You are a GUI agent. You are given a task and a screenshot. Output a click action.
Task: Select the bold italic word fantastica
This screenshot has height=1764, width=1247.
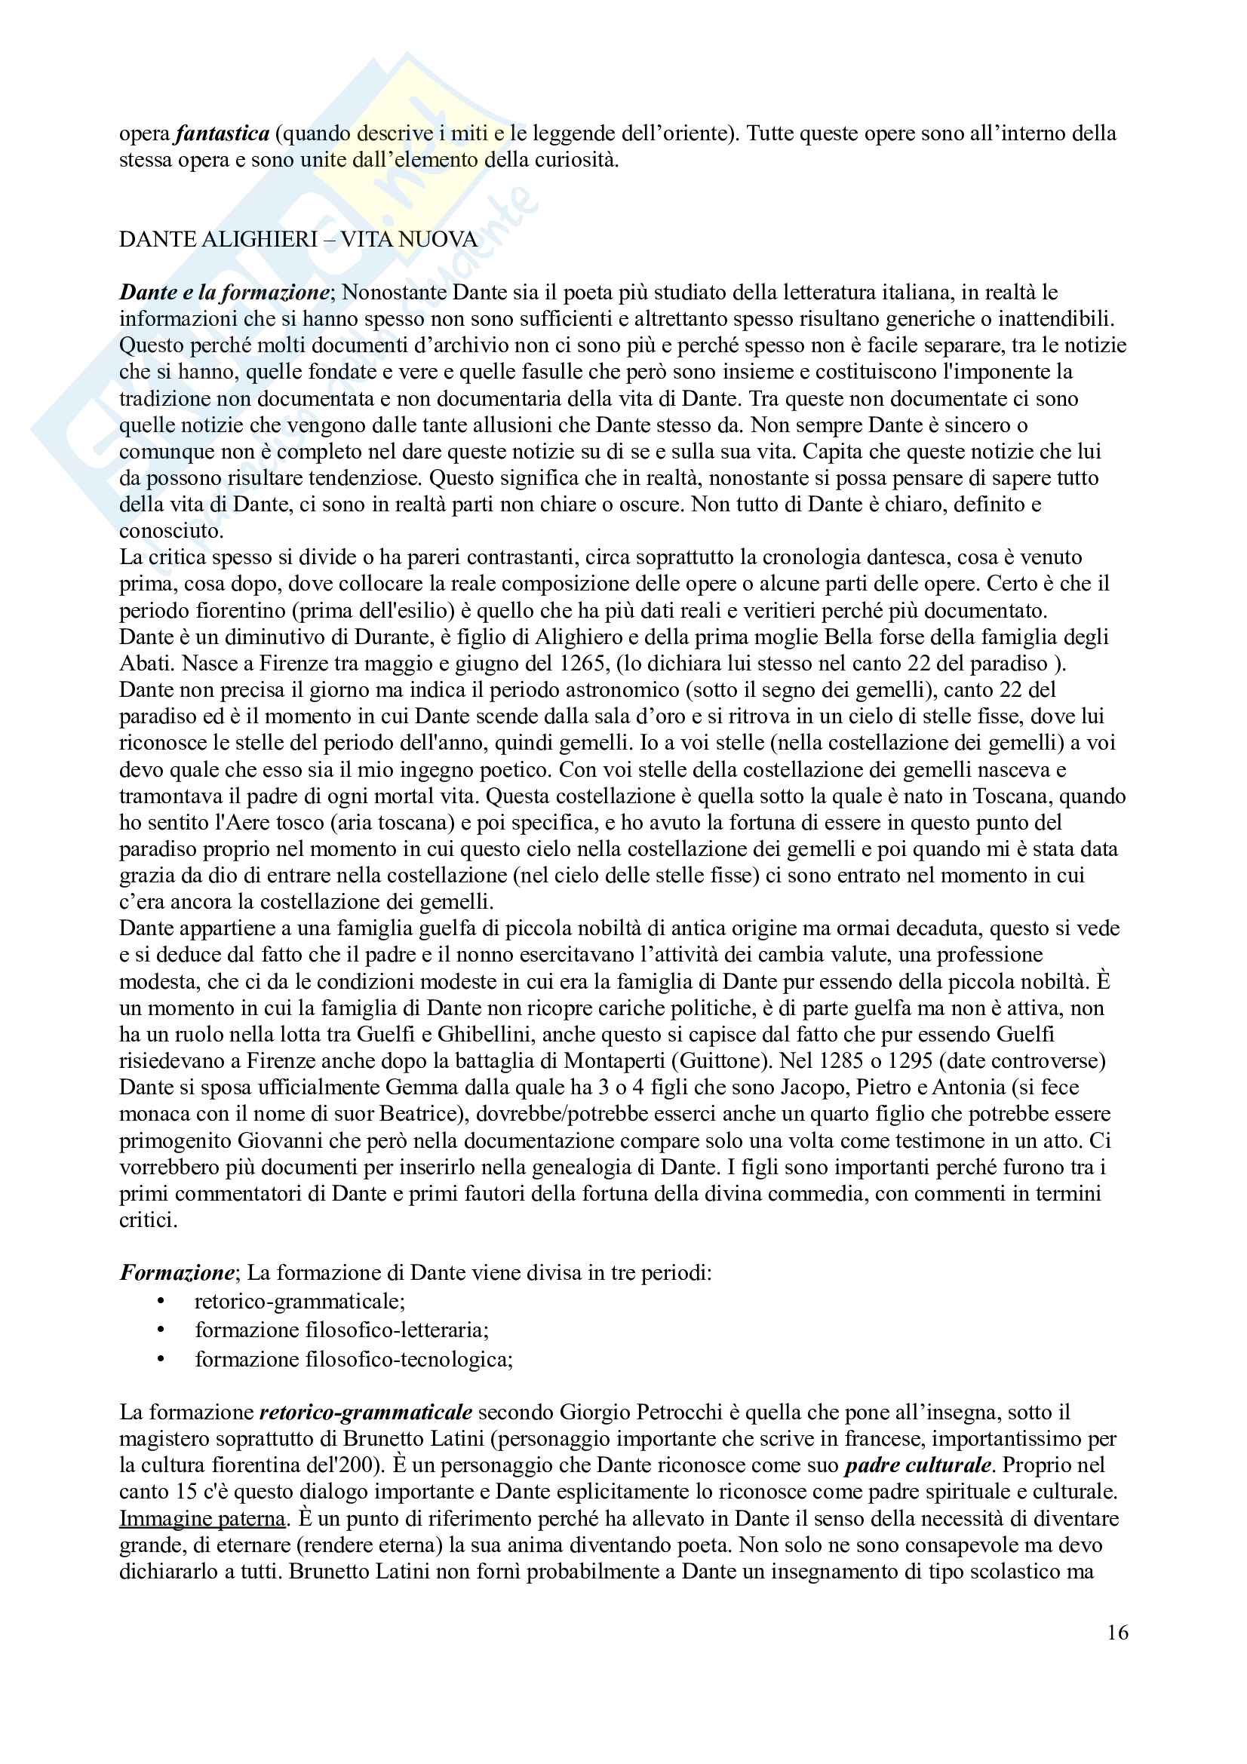(x=222, y=133)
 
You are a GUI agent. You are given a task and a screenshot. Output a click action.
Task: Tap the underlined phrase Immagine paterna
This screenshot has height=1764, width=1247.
(x=202, y=1518)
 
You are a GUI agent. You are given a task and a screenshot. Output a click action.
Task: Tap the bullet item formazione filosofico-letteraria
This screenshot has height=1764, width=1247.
(x=341, y=1329)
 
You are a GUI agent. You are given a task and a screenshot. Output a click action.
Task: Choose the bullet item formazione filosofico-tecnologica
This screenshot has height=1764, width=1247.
(x=354, y=1359)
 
